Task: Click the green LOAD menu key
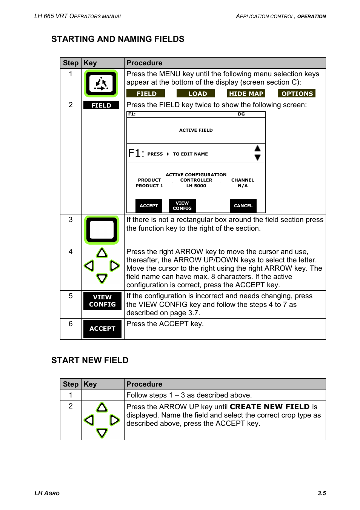[195, 94]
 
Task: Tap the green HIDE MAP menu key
[246, 94]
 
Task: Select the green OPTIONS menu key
[297, 94]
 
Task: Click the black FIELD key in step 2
[101, 105]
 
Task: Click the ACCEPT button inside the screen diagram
[149, 206]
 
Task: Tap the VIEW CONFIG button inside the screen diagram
[182, 206]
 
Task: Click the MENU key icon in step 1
[101, 83]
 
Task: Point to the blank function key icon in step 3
[102, 230]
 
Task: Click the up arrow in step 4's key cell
[102, 253]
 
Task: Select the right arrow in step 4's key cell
[114, 266]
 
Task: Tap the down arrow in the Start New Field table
[102, 433]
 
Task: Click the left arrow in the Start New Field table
[89, 420]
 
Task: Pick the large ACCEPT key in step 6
[102, 329]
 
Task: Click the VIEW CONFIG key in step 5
[102, 301]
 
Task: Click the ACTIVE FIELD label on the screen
[196, 130]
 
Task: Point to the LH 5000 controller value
[196, 186]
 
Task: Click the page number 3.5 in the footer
[322, 493]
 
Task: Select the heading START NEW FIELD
[90, 361]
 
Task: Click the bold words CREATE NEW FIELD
[269, 407]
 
